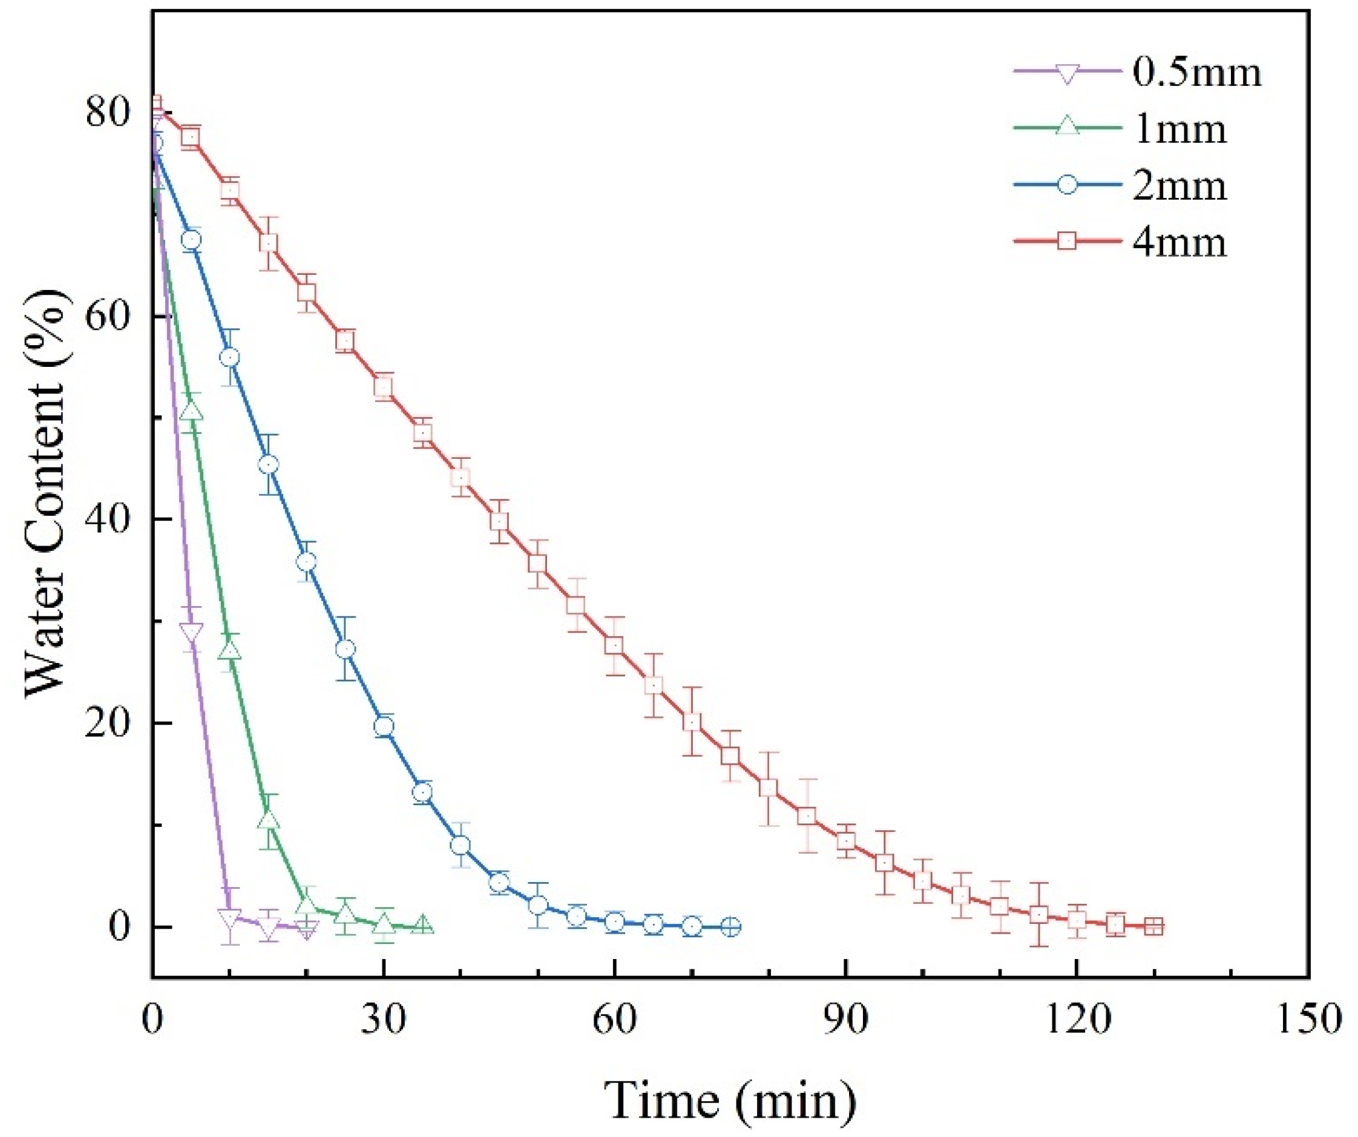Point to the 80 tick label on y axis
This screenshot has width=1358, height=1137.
[x=110, y=113]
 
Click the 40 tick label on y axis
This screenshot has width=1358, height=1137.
[x=110, y=519]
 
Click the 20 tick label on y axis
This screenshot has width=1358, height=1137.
[x=110, y=723]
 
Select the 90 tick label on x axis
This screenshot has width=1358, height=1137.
[x=846, y=1021]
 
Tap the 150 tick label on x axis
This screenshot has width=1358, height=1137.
[x=1308, y=1021]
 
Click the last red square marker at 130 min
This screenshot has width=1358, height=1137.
[x=1153, y=927]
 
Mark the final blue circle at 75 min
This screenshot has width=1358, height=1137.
[x=730, y=927]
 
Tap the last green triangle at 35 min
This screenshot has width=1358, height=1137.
[x=422, y=924]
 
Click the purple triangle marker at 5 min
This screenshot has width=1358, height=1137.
[x=191, y=631]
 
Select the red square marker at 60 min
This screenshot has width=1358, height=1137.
[x=614, y=646]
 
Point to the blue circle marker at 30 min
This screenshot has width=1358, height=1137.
[x=384, y=727]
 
